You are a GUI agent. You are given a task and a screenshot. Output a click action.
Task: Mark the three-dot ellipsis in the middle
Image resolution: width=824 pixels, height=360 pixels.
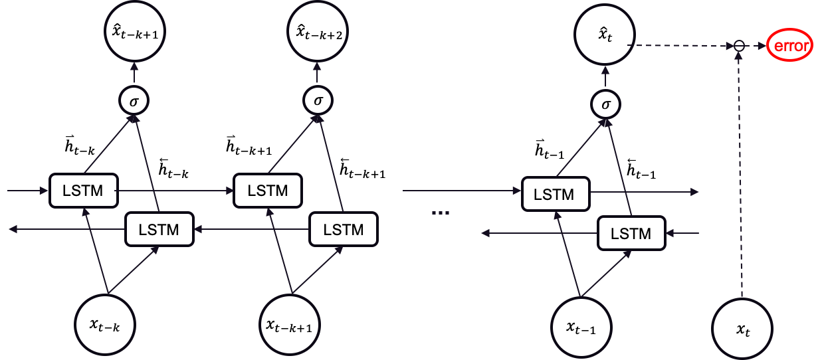pyautogui.click(x=441, y=213)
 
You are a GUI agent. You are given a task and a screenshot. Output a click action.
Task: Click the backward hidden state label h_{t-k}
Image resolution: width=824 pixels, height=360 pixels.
pyautogui.click(x=173, y=169)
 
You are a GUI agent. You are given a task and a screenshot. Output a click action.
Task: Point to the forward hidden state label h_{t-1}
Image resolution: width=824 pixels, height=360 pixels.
pyautogui.click(x=549, y=149)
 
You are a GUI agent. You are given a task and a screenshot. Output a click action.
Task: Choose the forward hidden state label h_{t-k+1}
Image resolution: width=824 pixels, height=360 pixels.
pyautogui.click(x=249, y=145)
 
